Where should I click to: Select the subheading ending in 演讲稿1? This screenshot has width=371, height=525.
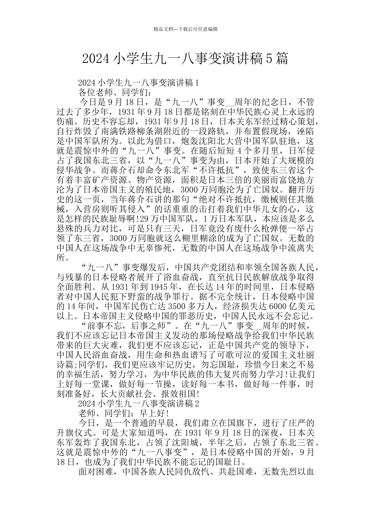[x=139, y=82]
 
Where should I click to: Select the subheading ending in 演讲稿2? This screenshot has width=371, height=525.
[x=139, y=404]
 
